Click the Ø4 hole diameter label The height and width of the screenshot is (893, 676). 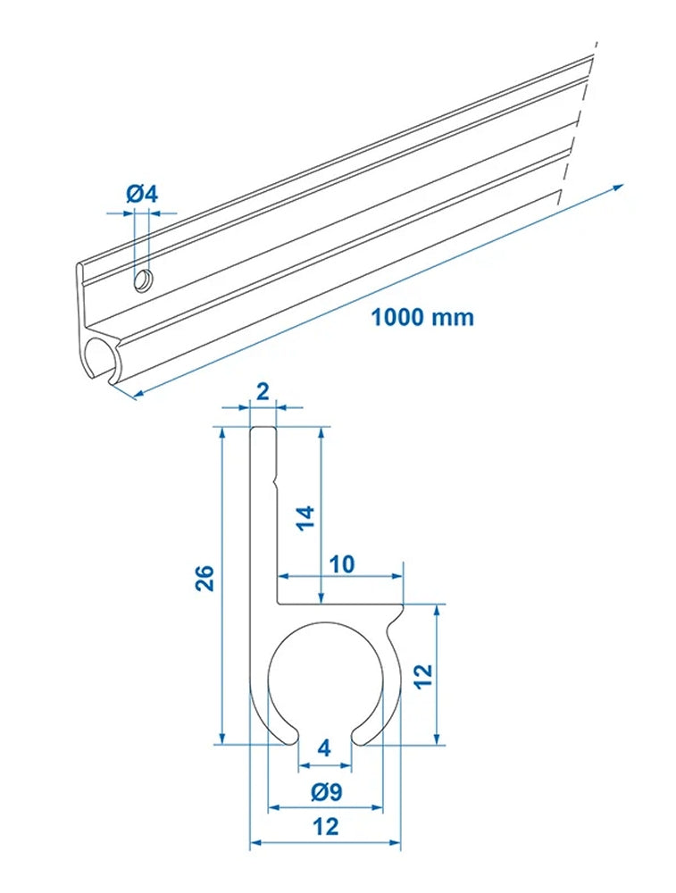pyautogui.click(x=142, y=194)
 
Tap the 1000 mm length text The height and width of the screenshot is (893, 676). pyautogui.click(x=422, y=316)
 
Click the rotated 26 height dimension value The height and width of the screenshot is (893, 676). pyautogui.click(x=204, y=580)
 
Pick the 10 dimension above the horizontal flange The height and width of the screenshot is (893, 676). pyautogui.click(x=342, y=564)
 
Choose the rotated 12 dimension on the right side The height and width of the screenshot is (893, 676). pyautogui.click(x=422, y=674)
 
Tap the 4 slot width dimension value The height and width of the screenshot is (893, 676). pyautogui.click(x=324, y=748)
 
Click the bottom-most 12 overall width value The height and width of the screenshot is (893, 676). pyautogui.click(x=327, y=827)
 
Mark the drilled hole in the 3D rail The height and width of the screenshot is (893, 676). pyautogui.click(x=141, y=282)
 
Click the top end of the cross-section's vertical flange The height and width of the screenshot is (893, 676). pyautogui.click(x=263, y=430)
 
